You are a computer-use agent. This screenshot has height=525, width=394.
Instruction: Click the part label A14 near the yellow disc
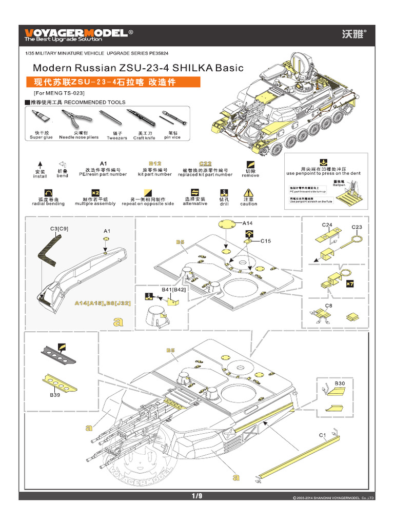click(x=248, y=223)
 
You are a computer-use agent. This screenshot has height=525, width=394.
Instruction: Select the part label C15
click(x=265, y=240)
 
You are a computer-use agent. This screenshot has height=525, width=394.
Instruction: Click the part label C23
click(x=357, y=227)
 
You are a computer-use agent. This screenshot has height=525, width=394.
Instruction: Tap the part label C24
click(x=327, y=225)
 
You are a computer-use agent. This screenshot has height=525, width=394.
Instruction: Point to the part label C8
click(x=329, y=306)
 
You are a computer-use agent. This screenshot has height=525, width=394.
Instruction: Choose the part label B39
click(x=55, y=395)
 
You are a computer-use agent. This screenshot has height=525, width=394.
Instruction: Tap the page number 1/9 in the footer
click(x=197, y=496)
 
